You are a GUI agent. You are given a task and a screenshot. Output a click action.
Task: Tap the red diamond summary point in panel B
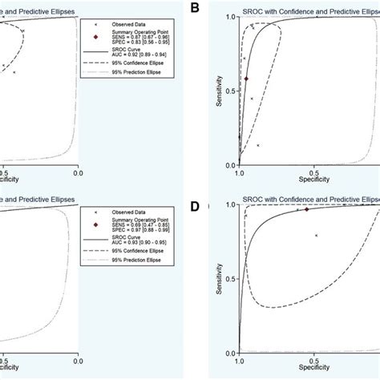[x=246, y=79]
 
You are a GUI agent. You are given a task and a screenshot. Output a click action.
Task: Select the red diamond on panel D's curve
[x=305, y=209]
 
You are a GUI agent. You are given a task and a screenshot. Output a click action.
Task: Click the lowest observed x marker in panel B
[x=258, y=145]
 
